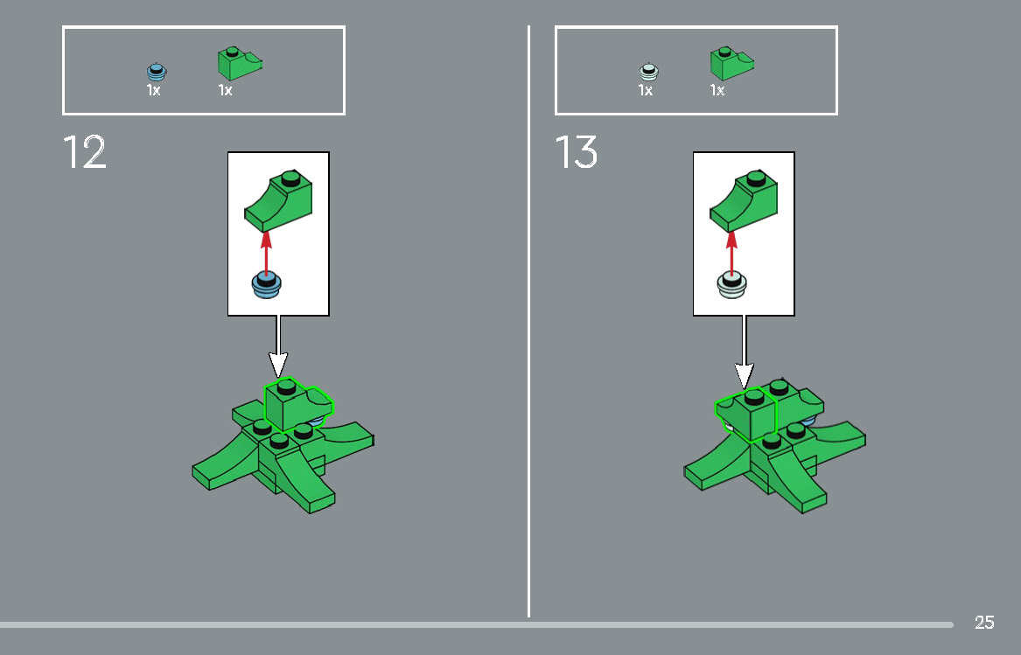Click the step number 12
[x=84, y=152]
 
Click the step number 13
[x=577, y=152]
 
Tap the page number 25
[x=984, y=623]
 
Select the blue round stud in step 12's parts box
[x=157, y=71]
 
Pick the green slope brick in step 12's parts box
[x=240, y=63]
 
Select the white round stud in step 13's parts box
[x=648, y=71]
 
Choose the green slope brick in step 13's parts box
[x=732, y=63]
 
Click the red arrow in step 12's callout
[x=266, y=251]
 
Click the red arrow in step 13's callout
[x=731, y=251]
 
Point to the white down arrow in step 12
[x=278, y=346]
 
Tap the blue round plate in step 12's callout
[x=266, y=284]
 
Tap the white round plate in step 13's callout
[x=732, y=284]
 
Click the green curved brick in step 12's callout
[x=279, y=201]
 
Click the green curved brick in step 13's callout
[x=744, y=201]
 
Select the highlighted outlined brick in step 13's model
[x=747, y=415]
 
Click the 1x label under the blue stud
[x=154, y=90]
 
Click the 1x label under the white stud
[x=646, y=90]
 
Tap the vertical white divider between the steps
[x=528, y=321]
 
